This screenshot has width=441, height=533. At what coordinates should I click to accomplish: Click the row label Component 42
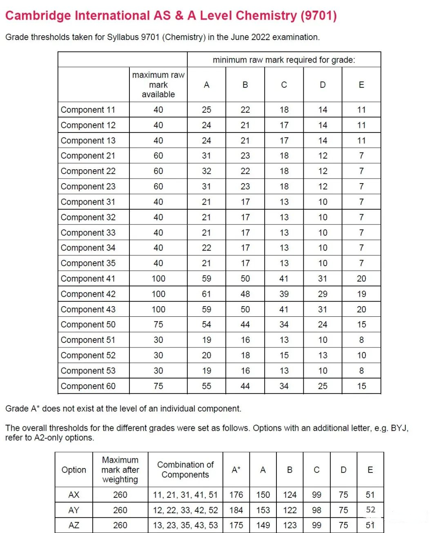point(88,294)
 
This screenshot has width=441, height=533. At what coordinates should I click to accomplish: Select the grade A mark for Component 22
point(207,171)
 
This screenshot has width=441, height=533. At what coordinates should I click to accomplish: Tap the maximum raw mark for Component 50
point(158,325)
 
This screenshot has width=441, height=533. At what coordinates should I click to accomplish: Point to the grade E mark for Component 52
point(361,355)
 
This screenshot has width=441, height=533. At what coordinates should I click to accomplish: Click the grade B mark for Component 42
point(245,294)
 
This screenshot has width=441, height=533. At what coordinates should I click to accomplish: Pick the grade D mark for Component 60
point(323,386)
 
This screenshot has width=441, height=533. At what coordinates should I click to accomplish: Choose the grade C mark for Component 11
point(284,110)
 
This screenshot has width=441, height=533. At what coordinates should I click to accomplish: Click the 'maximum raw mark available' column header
point(158,85)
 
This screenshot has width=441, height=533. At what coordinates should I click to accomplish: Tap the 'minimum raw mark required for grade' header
point(284,60)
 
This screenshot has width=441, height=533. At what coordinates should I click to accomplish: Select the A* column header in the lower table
point(236,470)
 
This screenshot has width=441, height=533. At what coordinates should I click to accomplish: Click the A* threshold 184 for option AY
point(236,510)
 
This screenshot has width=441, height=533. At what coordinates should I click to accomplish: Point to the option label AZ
point(74,525)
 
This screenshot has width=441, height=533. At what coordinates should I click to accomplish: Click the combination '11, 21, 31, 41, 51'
point(185,495)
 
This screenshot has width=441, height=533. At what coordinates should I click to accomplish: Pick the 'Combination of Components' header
point(185,470)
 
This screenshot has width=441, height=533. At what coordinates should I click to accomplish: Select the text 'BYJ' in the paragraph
point(399,428)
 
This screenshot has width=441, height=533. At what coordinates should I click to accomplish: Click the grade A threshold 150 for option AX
point(263,495)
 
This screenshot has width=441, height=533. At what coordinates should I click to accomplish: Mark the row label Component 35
point(88,263)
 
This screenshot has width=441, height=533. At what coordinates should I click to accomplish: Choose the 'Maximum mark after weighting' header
point(120,470)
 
